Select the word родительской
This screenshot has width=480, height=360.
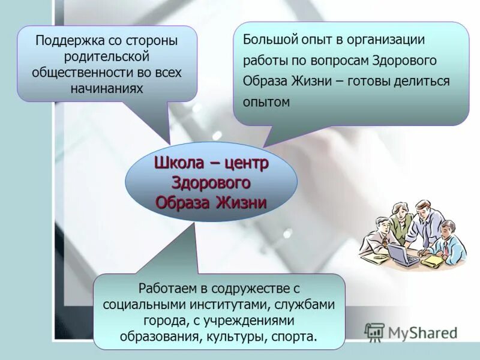(x=107, y=57)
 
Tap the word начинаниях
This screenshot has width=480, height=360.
(x=107, y=88)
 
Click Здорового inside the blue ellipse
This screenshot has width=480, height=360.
(x=211, y=182)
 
